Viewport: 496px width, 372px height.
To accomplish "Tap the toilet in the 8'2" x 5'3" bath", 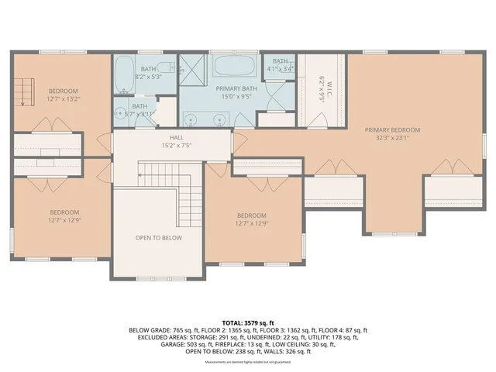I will pyautogui.click(x=164, y=67).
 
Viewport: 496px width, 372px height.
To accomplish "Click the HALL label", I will pyautogui.click(x=177, y=137).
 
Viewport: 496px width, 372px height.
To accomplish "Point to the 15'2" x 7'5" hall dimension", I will pyautogui.click(x=177, y=146).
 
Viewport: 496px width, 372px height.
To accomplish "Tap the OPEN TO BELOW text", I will pyautogui.click(x=158, y=238).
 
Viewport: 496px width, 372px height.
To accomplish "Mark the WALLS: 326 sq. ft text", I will pyautogui.click(x=286, y=352).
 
